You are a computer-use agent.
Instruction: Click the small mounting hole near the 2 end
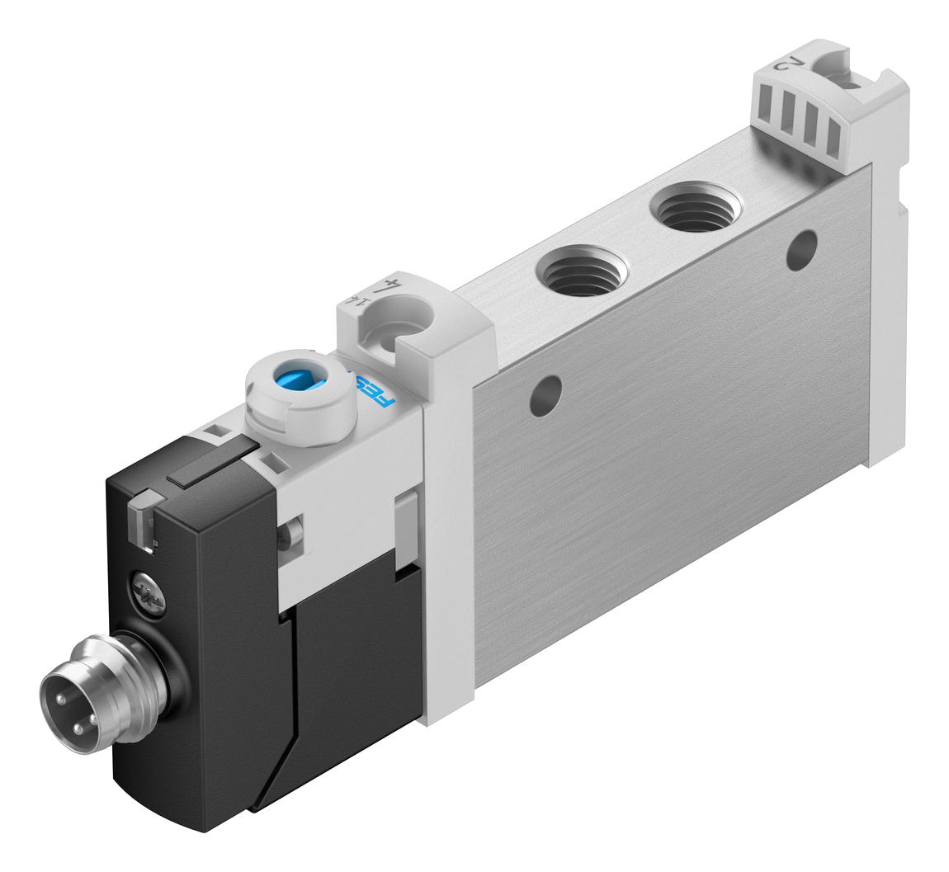[x=801, y=249]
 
